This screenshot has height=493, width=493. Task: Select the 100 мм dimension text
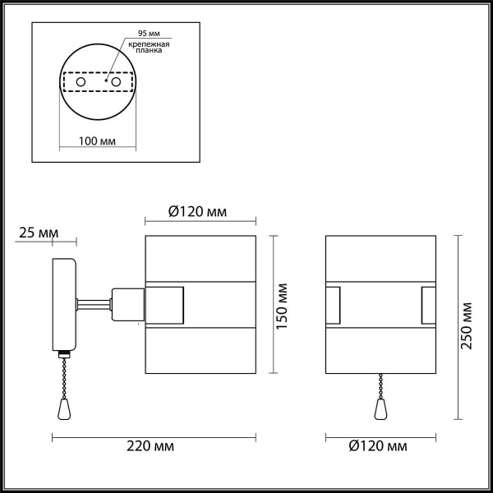click(96, 141)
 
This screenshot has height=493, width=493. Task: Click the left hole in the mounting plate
click(81, 83)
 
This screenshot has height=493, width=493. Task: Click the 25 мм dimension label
click(38, 233)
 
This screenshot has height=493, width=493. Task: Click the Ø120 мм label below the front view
click(376, 446)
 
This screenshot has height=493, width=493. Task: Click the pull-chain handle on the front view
click(380, 409)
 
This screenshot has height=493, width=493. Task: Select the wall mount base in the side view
click(64, 304)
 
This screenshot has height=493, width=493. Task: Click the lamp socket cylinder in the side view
click(127, 303)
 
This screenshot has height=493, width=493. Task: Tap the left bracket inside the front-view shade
click(333, 303)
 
